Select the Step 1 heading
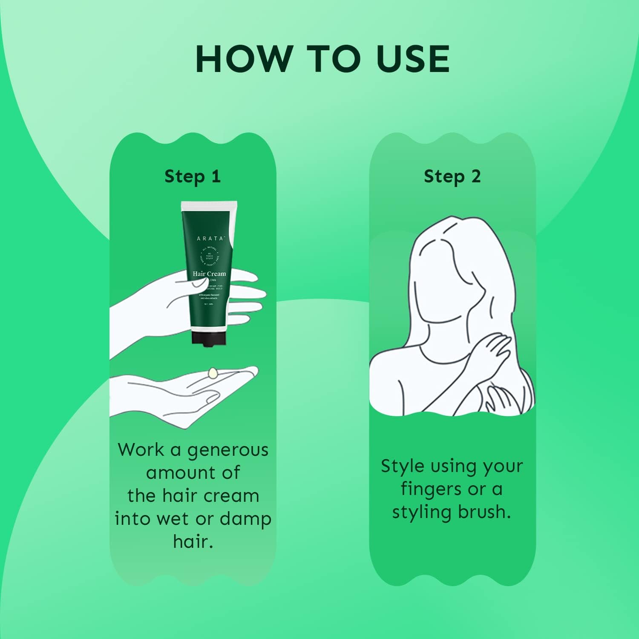pos(193,176)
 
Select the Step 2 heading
pos(452,176)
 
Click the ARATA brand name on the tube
pos(210,238)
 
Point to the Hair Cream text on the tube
pos(209,273)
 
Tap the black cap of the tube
pos(208,338)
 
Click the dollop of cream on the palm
pos(213,373)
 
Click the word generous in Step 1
pos(227,450)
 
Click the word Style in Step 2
pos(403,466)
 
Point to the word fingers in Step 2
pos(432,489)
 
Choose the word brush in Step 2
pos(484,512)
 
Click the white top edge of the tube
pos(209,205)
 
